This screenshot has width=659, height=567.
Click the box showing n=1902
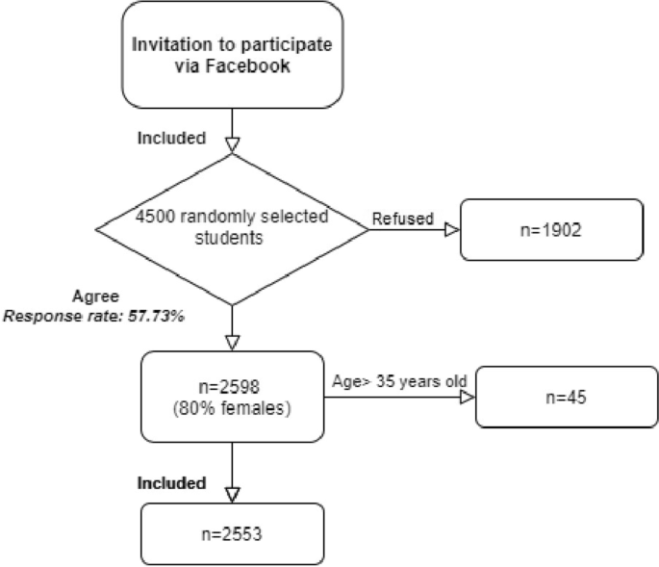pos(551,231)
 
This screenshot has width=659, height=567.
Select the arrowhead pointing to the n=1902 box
pos(452,231)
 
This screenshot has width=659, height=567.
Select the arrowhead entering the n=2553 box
pos(232,493)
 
